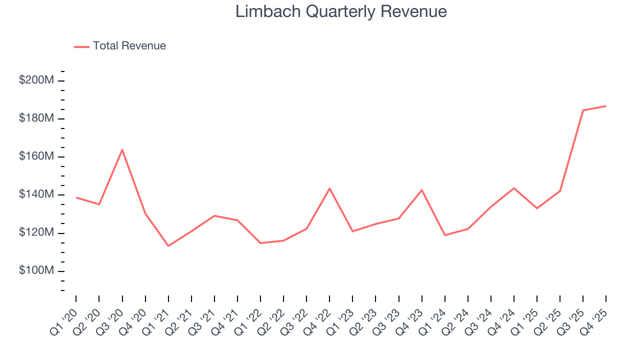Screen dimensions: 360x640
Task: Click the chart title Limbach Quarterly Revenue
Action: [341, 11]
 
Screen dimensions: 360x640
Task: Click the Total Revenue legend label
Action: [129, 46]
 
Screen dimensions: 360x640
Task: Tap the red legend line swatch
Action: [81, 46]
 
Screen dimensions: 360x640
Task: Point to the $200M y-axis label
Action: [36, 80]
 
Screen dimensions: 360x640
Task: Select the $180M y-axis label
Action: [36, 118]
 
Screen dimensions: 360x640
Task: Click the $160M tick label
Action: [36, 156]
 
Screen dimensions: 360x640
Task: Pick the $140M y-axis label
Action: [36, 194]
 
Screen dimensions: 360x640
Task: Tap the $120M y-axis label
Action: [36, 232]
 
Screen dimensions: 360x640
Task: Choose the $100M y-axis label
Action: [36, 270]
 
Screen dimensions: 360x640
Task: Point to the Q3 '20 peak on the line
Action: [122, 149]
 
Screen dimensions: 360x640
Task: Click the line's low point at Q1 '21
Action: [168, 245]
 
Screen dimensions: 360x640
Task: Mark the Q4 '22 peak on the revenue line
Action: [329, 188]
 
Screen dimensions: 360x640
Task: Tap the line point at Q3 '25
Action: [583, 110]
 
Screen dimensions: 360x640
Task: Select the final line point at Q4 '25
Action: [606, 106]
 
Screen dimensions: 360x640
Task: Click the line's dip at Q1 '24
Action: [444, 235]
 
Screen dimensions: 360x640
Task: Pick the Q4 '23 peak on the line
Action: [421, 190]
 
